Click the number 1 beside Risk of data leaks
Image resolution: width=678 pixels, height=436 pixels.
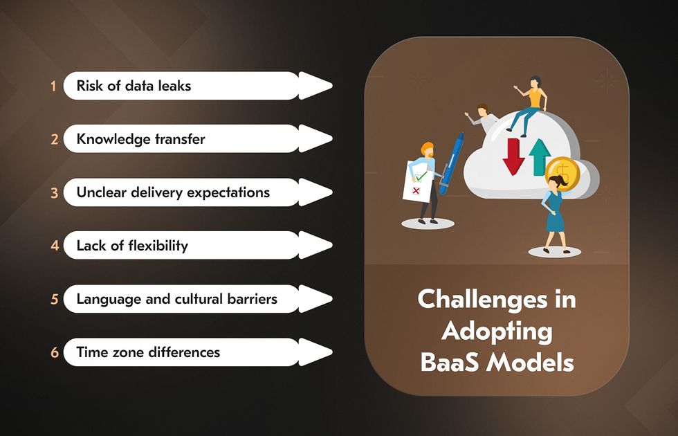click(53, 86)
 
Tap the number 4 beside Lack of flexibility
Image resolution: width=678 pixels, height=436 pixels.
click(55, 246)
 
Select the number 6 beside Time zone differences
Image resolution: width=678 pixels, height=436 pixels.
click(55, 352)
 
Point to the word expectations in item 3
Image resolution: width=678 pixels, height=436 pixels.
click(228, 193)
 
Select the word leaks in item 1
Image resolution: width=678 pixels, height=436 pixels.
click(174, 86)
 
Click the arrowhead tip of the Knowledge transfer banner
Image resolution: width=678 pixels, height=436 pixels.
click(332, 139)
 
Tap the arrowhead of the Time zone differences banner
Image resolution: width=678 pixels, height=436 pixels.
click(315, 352)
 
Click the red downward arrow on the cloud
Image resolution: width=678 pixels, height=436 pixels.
click(513, 156)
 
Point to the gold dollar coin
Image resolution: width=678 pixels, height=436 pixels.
click(562, 172)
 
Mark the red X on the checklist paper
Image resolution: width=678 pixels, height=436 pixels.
click(416, 191)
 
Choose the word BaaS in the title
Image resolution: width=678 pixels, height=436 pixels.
click(450, 363)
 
